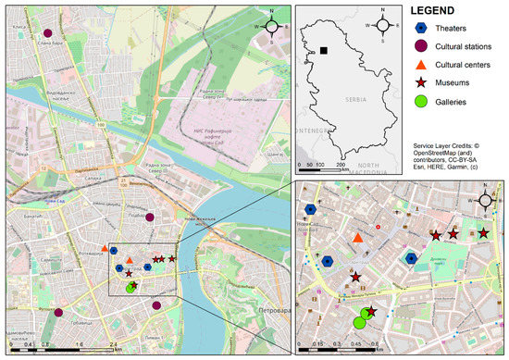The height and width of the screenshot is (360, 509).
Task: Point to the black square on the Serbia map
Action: tap(324, 51)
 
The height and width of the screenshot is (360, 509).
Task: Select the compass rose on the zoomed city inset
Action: tap(486, 201)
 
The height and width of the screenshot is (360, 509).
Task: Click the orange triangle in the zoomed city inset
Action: tap(357, 239)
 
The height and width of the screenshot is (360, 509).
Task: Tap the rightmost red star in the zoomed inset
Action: tap(482, 233)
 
